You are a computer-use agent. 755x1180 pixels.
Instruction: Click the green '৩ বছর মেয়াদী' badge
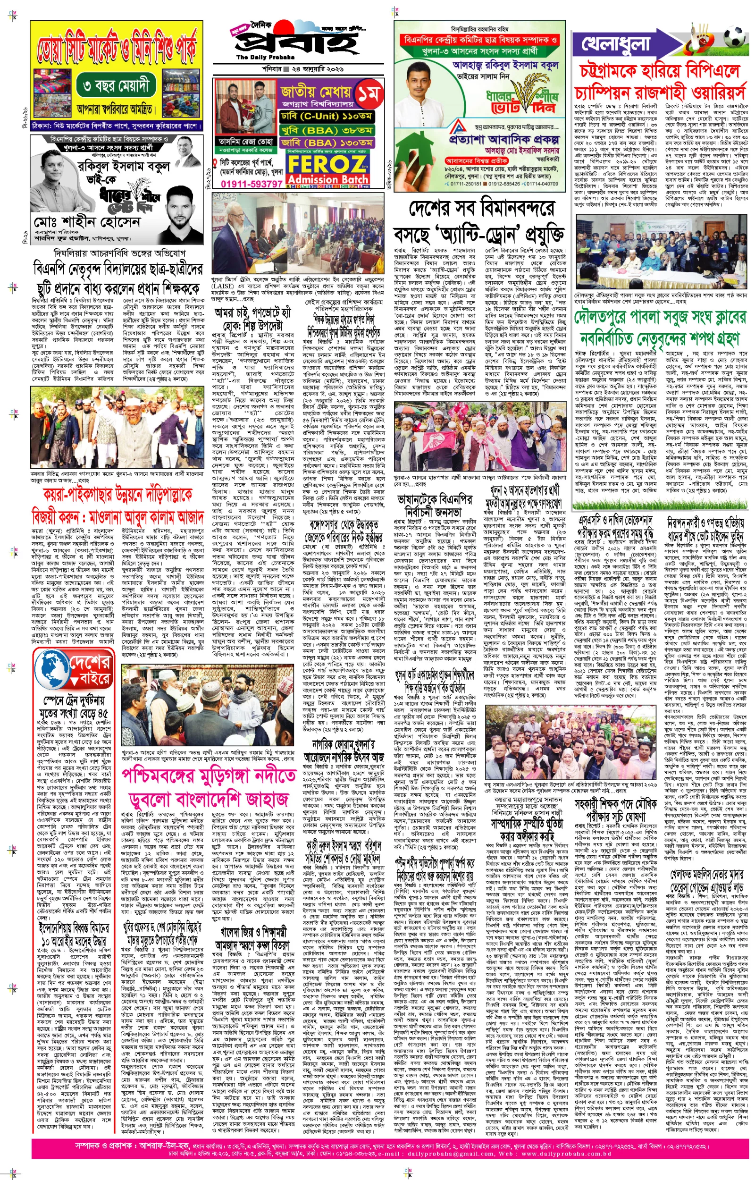[x=116, y=87]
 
